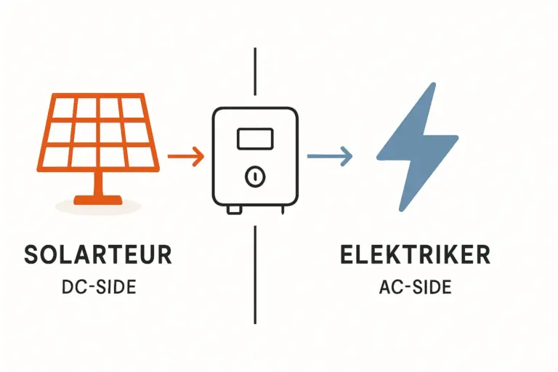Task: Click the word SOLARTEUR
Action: [98, 254]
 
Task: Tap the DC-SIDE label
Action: [99, 287]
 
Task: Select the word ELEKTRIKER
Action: [416, 254]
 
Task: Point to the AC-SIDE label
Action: [416, 287]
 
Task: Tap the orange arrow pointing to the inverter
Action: [186, 156]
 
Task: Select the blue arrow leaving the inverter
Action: [330, 156]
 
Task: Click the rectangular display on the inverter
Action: [255, 139]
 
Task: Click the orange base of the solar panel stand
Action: [98, 201]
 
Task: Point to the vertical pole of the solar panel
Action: [99, 184]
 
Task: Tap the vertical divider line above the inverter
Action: [255, 71]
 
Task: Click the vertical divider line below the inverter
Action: [255, 275]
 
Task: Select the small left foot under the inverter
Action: [234, 211]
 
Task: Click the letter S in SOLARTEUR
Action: [31, 254]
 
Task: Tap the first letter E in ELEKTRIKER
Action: [347, 254]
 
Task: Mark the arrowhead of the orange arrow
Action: [198, 156]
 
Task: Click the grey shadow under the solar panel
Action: [98, 206]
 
